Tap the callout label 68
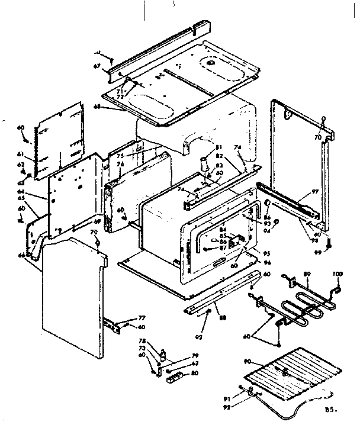(97, 107)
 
